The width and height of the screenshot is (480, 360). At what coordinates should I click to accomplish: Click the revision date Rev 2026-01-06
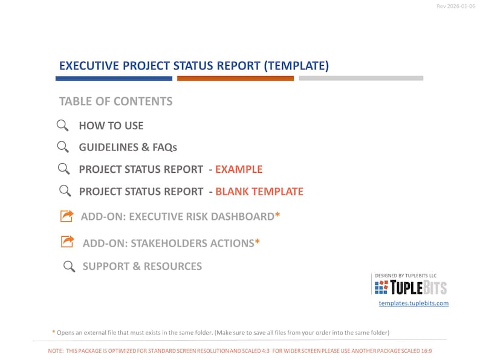[456, 6]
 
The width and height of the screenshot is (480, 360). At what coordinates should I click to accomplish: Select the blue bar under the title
[114, 79]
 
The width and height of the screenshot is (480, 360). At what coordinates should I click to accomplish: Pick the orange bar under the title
[235, 79]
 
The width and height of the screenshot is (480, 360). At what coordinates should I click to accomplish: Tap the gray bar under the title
[361, 79]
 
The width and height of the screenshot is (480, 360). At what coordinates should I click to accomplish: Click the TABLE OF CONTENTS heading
[115, 101]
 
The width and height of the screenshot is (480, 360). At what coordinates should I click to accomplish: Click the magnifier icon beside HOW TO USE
[62, 126]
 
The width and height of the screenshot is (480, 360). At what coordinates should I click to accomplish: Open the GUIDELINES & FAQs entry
[128, 147]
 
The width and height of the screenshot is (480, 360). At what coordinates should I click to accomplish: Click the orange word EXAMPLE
[239, 170]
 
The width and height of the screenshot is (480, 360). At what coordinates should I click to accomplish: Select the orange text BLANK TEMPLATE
[259, 192]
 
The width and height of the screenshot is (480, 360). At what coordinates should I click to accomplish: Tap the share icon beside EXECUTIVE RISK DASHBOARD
[66, 216]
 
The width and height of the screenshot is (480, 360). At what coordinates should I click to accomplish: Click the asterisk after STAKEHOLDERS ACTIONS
[257, 243]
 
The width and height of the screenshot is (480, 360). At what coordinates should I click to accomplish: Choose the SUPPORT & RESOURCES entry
[142, 266]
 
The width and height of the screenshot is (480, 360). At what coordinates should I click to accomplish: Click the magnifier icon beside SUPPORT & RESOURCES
[70, 266]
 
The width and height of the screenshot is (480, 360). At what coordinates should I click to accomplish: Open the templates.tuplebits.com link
[414, 303]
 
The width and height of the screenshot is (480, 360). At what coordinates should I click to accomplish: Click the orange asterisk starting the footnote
[53, 332]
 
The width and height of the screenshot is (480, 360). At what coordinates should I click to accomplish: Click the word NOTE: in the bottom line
[56, 351]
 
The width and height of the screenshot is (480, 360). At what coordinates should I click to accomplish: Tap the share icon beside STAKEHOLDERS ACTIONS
[66, 242]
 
